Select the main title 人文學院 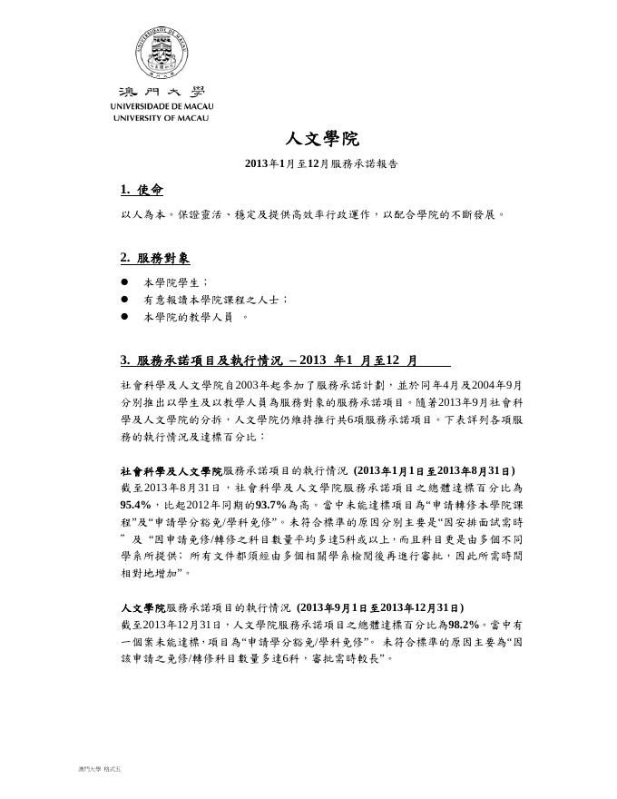tap(322, 139)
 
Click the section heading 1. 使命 tap(141, 190)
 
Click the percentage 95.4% tap(137, 505)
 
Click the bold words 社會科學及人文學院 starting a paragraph tap(171, 472)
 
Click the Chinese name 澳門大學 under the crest tap(161, 93)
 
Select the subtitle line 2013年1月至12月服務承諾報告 tap(321, 163)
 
